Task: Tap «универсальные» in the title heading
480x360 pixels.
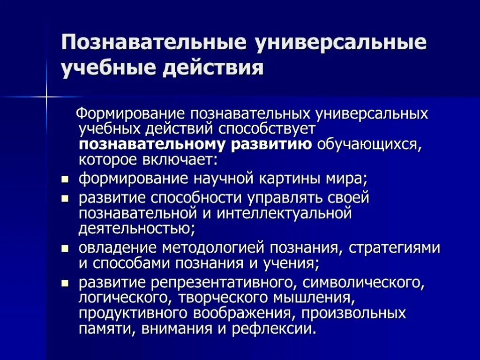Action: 340,43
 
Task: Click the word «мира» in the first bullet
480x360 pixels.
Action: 345,179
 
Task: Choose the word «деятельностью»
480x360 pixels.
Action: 135,229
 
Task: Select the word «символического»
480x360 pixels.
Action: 363,282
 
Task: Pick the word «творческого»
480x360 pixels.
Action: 221,298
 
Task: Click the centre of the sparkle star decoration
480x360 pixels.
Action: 47,97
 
